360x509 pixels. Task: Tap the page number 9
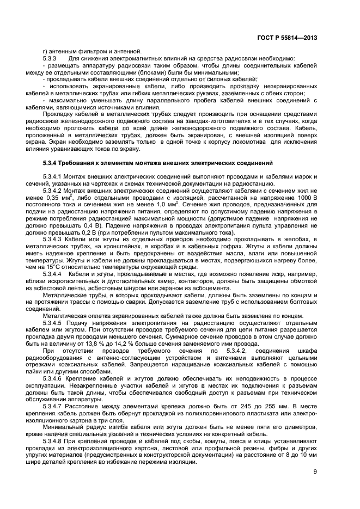pyautogui.click(x=315, y=471)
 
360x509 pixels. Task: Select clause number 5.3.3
pyautogui.click(x=51, y=58)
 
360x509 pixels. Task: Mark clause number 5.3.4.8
pyautogui.click(x=54, y=441)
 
